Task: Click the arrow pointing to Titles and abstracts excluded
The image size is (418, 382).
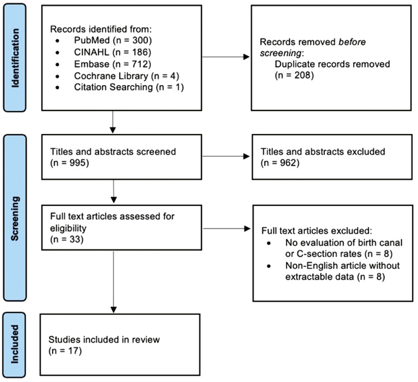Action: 214,157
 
